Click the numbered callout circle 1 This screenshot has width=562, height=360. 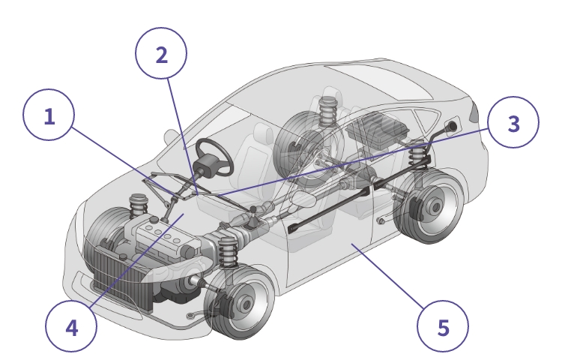49,115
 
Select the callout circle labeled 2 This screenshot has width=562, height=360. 161,53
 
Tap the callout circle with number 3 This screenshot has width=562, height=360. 513,122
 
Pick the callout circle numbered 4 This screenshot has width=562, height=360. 71,327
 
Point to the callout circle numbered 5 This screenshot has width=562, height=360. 443,327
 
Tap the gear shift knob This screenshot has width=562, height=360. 253,208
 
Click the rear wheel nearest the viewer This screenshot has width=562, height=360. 430,205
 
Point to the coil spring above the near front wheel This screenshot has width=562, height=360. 228,251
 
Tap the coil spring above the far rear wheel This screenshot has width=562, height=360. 327,111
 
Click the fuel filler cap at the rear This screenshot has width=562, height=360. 451,126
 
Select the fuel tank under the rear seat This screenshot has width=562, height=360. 378,129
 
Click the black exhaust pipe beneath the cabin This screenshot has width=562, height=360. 329,208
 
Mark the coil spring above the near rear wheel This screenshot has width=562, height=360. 417,153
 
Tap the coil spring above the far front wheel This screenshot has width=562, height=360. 138,205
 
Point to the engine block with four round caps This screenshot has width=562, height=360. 166,237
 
